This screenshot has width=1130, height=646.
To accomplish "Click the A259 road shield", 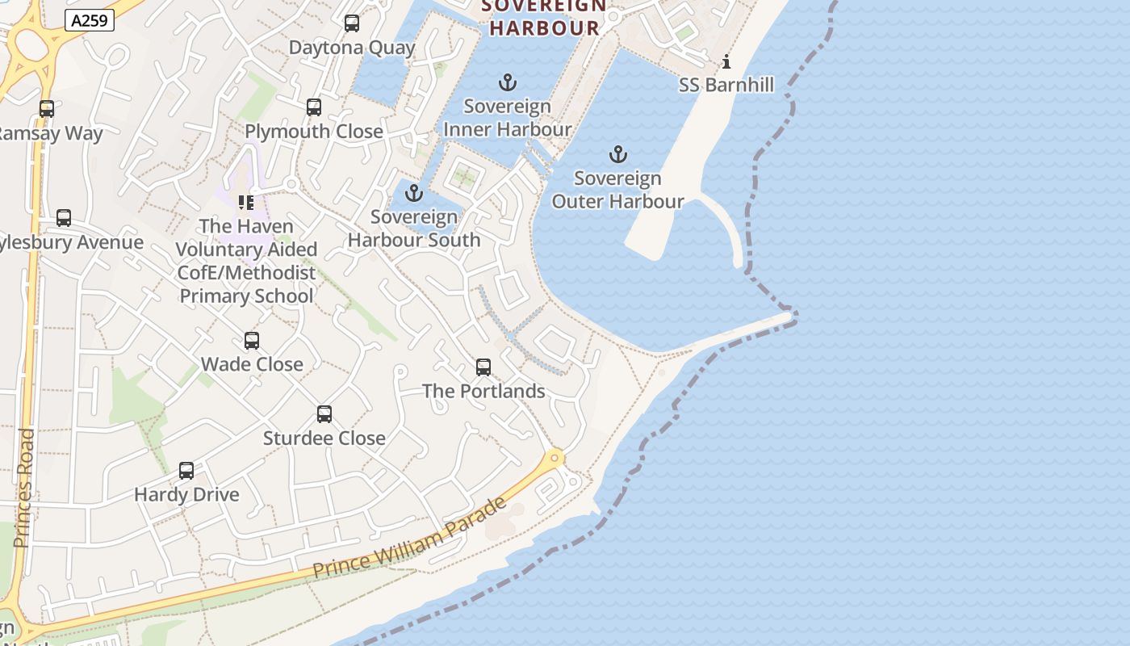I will point(89,20).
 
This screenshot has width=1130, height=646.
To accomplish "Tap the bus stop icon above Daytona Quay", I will point(352,23).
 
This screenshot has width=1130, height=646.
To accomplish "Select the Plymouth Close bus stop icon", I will point(314,107).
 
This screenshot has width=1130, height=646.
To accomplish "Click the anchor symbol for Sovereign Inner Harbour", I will point(508,82).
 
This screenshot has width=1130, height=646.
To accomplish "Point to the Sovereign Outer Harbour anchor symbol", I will point(617,154).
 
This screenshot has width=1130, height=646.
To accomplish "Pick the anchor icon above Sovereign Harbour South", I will point(414,193).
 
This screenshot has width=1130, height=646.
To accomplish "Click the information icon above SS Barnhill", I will point(726,61).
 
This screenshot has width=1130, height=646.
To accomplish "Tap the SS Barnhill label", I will point(726,85).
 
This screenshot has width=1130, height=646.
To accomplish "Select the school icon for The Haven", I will point(246,202).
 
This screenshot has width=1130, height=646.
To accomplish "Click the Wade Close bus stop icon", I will point(252,341).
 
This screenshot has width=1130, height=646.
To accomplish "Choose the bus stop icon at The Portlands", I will point(483,367).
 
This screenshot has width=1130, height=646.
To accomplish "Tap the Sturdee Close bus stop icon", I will point(324,414).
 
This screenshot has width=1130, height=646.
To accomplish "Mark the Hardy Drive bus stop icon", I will point(186,471).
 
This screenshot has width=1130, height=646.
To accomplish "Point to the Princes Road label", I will point(24,488).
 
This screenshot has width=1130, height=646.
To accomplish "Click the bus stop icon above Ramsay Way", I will point(47,109).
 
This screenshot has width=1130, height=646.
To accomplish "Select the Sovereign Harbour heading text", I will point(546,18).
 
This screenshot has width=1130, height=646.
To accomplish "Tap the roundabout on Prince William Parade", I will point(555,459).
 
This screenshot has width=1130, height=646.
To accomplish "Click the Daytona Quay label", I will point(352,48).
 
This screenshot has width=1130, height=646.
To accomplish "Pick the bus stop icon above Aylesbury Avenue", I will point(64,218).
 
